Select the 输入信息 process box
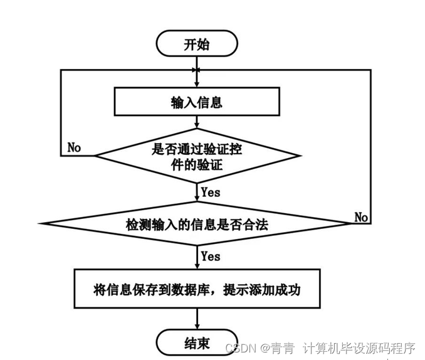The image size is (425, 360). click(x=196, y=102)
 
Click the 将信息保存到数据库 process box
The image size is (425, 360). click(x=196, y=291)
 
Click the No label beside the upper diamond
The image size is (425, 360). click(x=74, y=147)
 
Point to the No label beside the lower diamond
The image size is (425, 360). click(x=361, y=216)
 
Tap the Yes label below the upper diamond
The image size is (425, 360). click(x=210, y=193)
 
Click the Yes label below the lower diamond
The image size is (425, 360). click(x=210, y=257)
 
